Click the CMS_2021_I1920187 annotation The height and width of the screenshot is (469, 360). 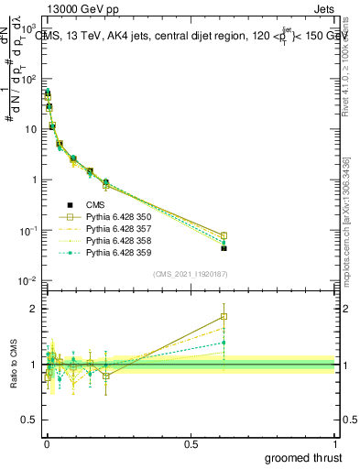(189, 273)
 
